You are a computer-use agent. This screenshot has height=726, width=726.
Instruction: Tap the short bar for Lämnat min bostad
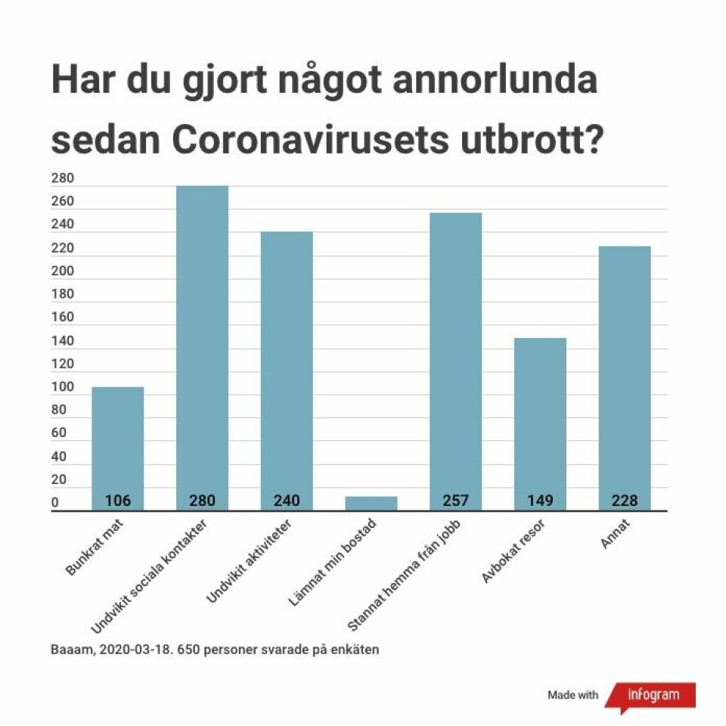[371, 503]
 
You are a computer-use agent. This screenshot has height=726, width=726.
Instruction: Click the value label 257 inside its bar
[455, 501]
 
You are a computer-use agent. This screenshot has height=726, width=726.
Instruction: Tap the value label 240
[287, 501]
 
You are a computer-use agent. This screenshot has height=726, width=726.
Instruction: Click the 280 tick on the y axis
[62, 179]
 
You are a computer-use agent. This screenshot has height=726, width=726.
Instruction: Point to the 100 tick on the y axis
[62, 388]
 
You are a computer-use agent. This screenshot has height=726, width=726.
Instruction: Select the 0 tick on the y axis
[55, 504]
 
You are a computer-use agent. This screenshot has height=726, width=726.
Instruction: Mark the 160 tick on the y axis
[62, 318]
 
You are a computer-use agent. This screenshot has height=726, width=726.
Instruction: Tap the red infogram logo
[651, 694]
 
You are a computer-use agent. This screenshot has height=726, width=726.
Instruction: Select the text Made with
[572, 695]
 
